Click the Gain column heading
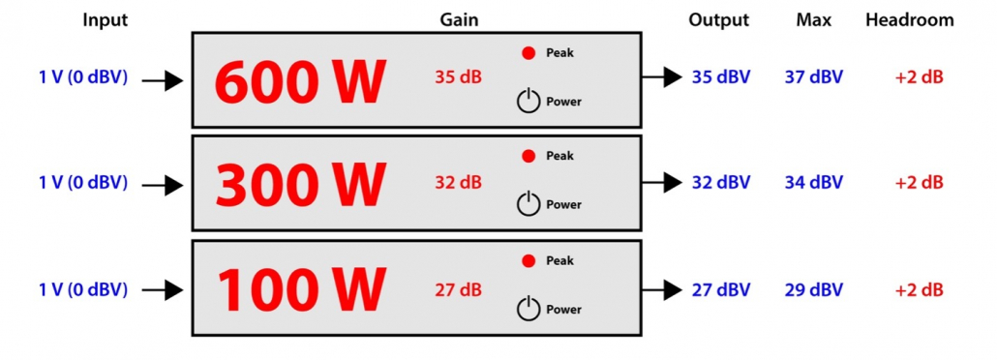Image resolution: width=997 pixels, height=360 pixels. click(458, 19)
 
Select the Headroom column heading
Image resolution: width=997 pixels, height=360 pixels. click(909, 19)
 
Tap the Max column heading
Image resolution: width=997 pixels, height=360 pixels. click(813, 19)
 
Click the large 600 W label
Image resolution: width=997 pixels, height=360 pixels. click(300, 81)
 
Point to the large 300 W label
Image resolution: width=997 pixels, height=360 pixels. click(300, 184)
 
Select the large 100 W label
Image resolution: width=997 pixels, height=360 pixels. click(300, 289)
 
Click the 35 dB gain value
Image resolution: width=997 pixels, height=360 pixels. click(458, 77)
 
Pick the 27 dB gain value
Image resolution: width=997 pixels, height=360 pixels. click(458, 288)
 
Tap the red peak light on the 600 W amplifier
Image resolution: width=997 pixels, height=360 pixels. click(529, 53)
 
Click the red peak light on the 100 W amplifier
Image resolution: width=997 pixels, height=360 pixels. click(529, 260)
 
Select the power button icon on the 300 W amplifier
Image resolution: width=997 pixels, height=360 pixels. click(528, 204)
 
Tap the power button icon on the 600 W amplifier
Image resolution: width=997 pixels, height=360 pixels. click(528, 101)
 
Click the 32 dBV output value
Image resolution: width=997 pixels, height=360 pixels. click(720, 182)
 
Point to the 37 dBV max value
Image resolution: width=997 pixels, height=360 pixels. click(813, 77)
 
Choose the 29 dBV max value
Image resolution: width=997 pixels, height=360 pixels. click(813, 289)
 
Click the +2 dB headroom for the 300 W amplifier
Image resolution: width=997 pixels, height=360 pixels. click(919, 182)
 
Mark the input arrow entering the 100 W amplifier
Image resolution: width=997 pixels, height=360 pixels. click(163, 289)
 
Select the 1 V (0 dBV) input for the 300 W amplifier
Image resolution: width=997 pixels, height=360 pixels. click(83, 182)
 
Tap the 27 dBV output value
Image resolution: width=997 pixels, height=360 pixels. click(720, 289)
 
